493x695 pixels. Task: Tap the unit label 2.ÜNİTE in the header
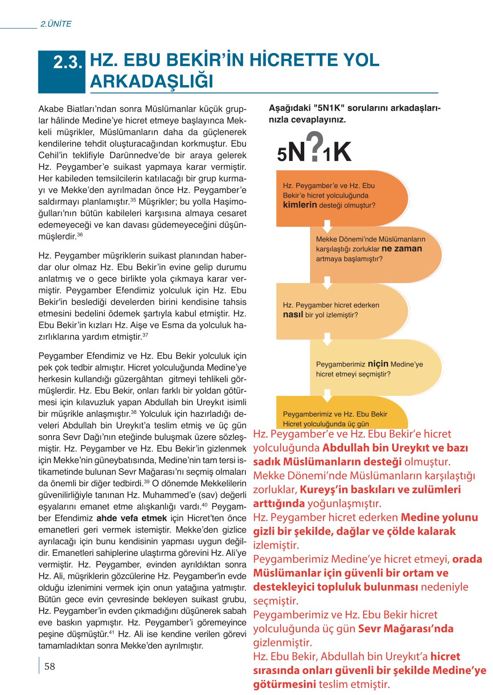pos(56,24)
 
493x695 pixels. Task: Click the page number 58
pos(50,666)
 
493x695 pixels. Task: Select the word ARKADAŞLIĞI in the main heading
pos(152,82)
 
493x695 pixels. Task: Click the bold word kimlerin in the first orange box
pos(300,205)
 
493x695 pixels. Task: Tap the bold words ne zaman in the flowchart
pos(402,249)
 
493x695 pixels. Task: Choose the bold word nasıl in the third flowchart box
pos(293,315)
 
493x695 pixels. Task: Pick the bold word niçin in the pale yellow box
pos(378,364)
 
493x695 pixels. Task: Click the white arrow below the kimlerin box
pos(327,226)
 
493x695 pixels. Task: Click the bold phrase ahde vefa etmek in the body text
pos(132,518)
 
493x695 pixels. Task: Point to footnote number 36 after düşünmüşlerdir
pos(80,234)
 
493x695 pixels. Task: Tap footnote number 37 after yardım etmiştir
pos(145,335)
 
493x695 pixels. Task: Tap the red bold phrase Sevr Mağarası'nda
pos(406,629)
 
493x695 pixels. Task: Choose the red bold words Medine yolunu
pos(439,517)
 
